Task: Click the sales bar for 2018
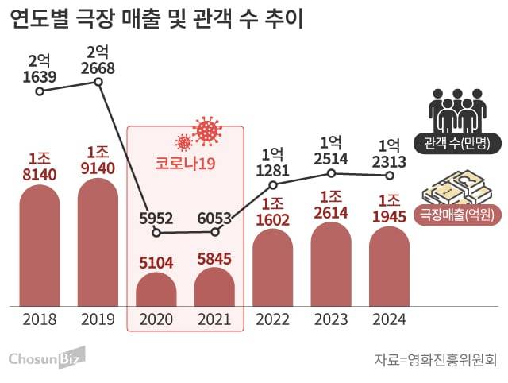40,246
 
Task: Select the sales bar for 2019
98,242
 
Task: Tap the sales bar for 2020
156,289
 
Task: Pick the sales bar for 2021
214,287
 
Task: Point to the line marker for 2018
40,91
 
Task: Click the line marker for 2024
390,174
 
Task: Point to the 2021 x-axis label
214,319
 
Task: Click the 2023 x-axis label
331,319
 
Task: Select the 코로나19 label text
186,164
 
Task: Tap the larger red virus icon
207,130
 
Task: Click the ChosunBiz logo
47,358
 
